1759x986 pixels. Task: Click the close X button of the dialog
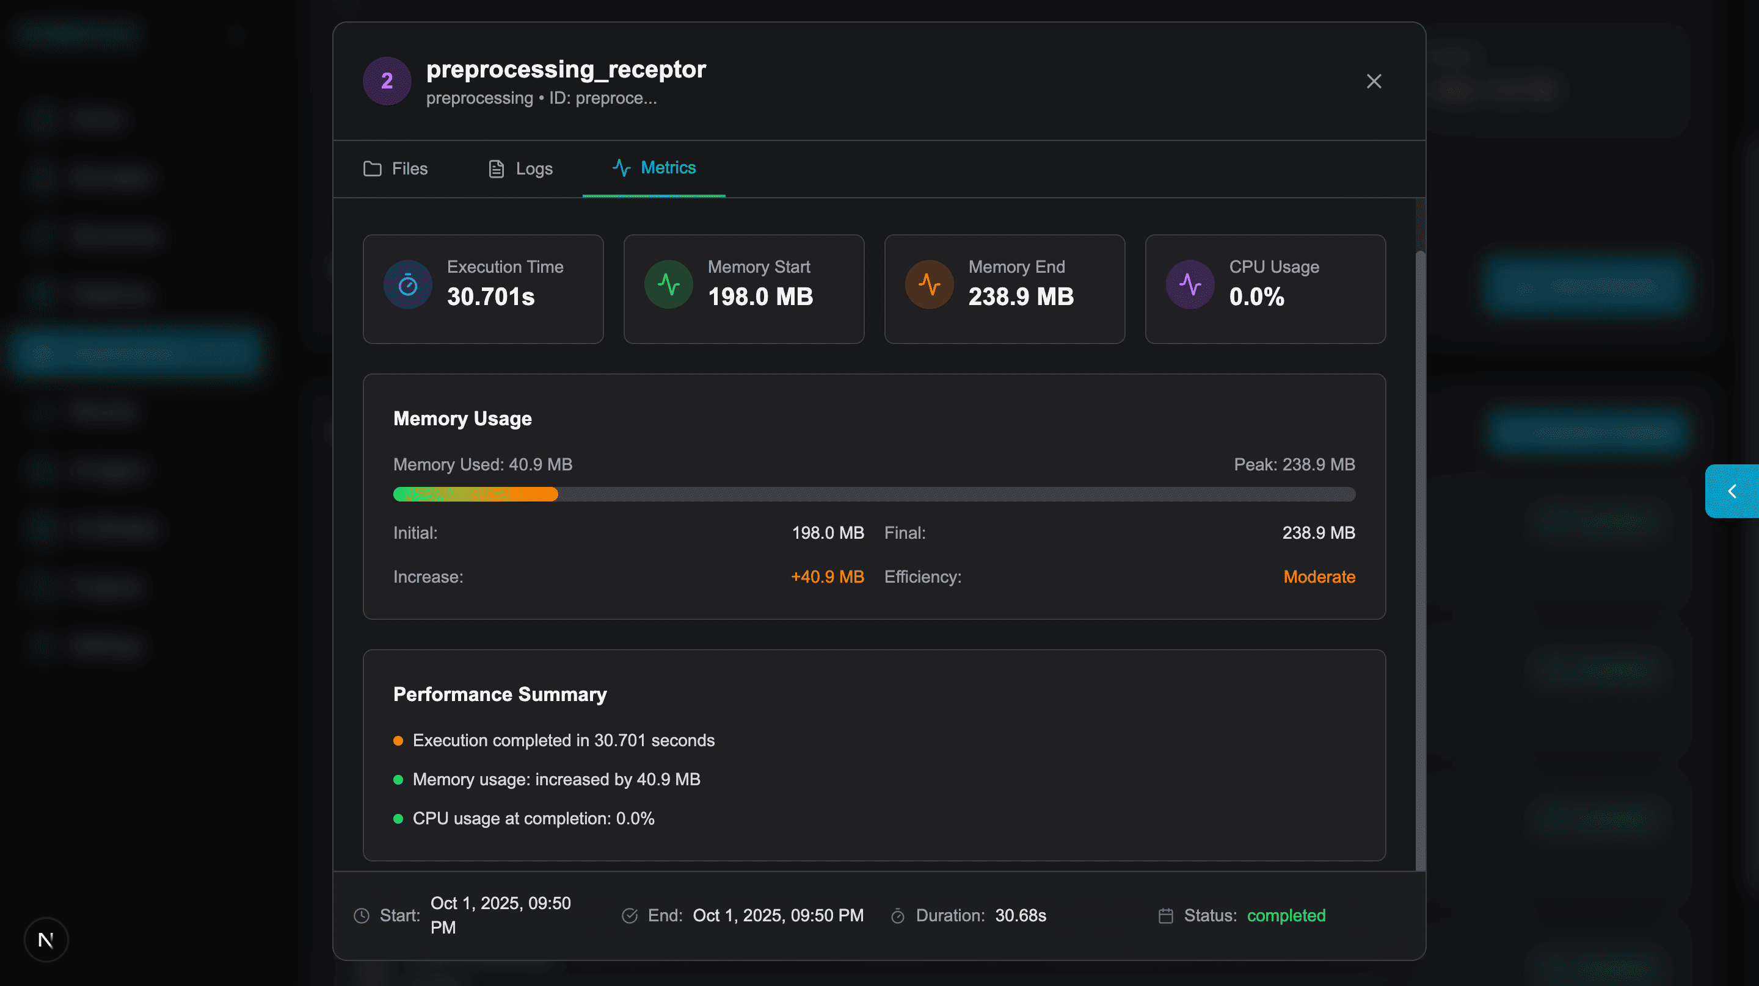point(1373,81)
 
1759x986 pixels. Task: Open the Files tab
point(395,168)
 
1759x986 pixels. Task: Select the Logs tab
point(520,168)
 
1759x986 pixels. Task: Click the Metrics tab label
point(667,168)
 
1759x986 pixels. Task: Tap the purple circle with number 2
point(387,81)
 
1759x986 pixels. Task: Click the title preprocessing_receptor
point(566,70)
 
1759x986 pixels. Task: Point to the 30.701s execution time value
point(490,297)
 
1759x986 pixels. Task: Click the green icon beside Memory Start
point(669,284)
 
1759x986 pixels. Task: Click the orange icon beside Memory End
point(928,284)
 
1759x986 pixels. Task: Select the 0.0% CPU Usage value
point(1256,297)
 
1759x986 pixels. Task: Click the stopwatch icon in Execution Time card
point(407,284)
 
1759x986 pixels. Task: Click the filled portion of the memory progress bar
point(475,494)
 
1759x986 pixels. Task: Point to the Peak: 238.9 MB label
point(1294,465)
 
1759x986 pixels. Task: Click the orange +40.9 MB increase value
point(827,577)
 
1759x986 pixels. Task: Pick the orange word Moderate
point(1319,577)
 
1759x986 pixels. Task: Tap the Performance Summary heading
point(500,694)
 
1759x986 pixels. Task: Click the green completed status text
point(1286,915)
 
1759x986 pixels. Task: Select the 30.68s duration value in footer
point(1020,915)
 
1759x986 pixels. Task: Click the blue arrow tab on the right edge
point(1732,491)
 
